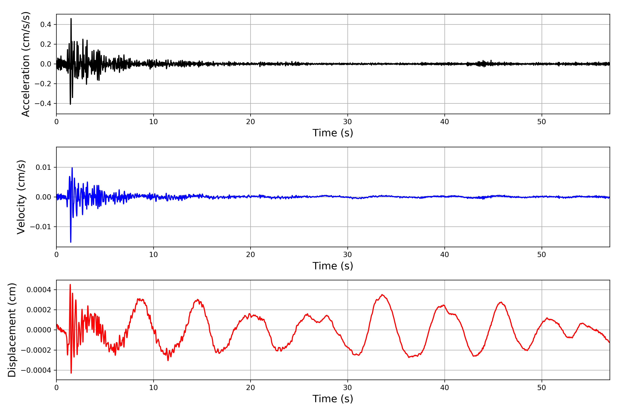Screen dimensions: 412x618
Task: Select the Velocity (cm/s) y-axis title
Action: pos(21,197)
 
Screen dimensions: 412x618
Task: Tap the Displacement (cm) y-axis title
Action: pos(12,330)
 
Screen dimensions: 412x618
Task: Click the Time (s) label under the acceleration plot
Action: pos(333,133)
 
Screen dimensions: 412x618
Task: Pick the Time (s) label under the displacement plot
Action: pos(333,399)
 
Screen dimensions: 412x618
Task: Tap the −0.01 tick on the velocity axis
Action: pos(41,227)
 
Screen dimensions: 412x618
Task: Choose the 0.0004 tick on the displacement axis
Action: pos(39,290)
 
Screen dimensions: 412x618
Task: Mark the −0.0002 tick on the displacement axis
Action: pos(36,350)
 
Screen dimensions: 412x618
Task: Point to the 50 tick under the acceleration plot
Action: pos(542,122)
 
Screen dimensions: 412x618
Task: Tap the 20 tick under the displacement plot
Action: pos(250,388)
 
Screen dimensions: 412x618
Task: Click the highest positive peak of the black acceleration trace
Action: pos(71,19)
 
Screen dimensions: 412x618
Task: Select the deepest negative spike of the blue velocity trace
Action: pos(71,242)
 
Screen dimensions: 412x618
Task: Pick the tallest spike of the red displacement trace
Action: pos(70,285)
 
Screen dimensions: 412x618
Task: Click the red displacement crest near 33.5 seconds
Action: pos(382,295)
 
